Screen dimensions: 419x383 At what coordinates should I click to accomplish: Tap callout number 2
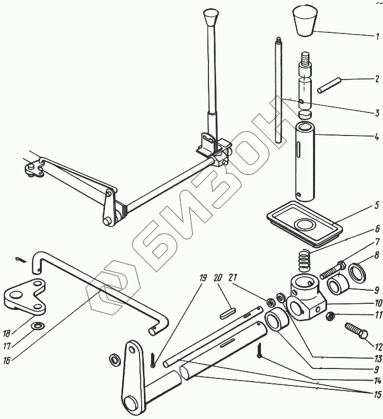tap(377, 80)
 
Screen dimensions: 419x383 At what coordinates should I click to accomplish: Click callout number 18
tap(7, 332)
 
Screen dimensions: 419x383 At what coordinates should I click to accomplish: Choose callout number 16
tap(7, 361)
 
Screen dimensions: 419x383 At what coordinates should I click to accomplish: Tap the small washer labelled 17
tap(38, 327)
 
